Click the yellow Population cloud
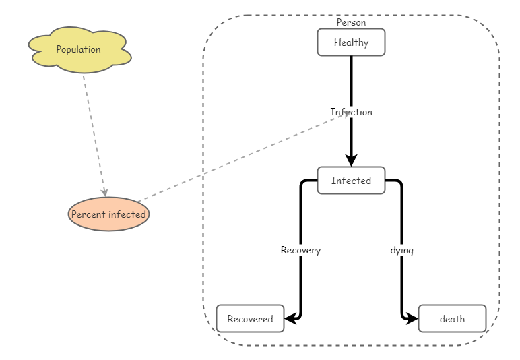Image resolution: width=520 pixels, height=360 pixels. coord(79,50)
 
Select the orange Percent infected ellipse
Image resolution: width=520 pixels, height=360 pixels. coord(108,214)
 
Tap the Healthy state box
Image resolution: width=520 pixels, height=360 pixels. coord(351,42)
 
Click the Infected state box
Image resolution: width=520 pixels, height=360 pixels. coord(351,181)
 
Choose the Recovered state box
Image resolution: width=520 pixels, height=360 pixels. coord(250,319)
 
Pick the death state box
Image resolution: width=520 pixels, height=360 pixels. coord(452,319)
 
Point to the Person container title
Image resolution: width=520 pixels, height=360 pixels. coord(351,22)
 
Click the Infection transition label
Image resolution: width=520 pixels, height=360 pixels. coord(351,112)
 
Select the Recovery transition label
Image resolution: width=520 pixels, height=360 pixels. coord(300,250)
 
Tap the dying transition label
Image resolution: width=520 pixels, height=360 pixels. coord(401,250)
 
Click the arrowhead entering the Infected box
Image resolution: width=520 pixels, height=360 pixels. coord(351,160)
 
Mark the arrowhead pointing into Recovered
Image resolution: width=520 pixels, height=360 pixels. coord(290,319)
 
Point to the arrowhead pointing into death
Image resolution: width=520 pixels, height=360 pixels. coord(412,319)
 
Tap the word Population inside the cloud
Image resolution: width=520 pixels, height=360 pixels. coord(78,49)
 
